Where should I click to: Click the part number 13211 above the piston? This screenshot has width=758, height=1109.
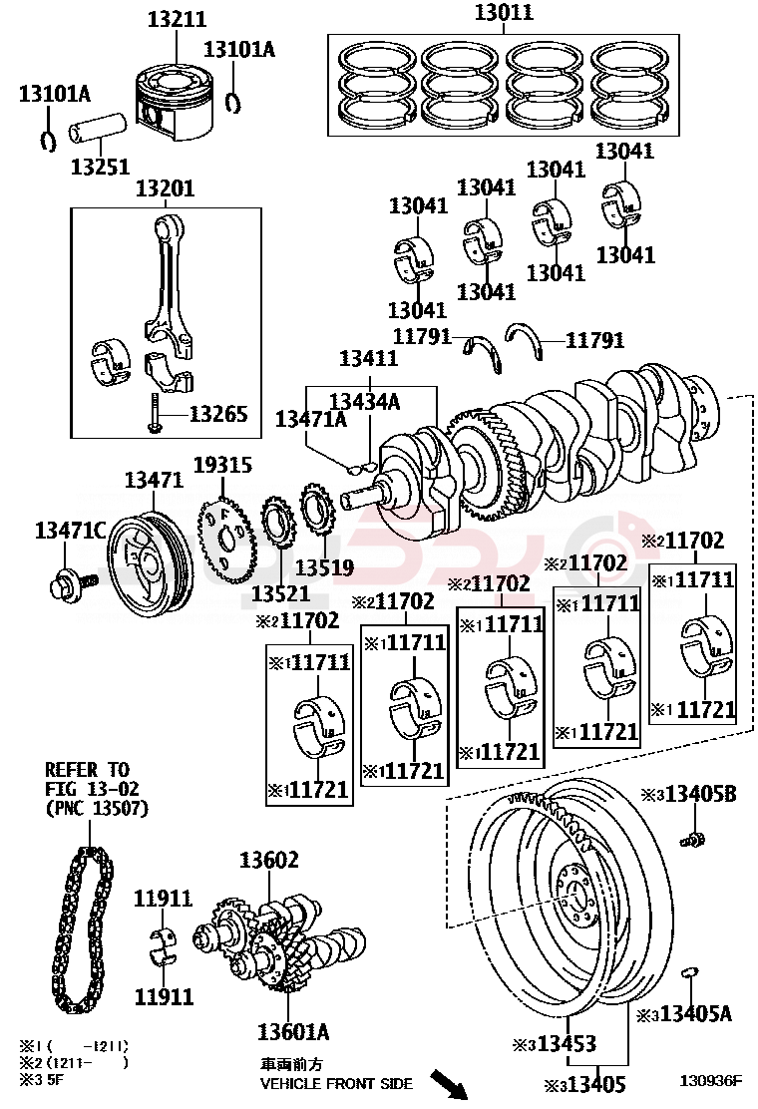tap(177, 20)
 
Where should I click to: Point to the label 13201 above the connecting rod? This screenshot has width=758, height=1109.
tap(165, 188)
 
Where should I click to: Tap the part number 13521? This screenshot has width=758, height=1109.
tap(281, 593)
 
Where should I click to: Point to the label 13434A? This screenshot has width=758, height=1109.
tap(364, 401)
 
